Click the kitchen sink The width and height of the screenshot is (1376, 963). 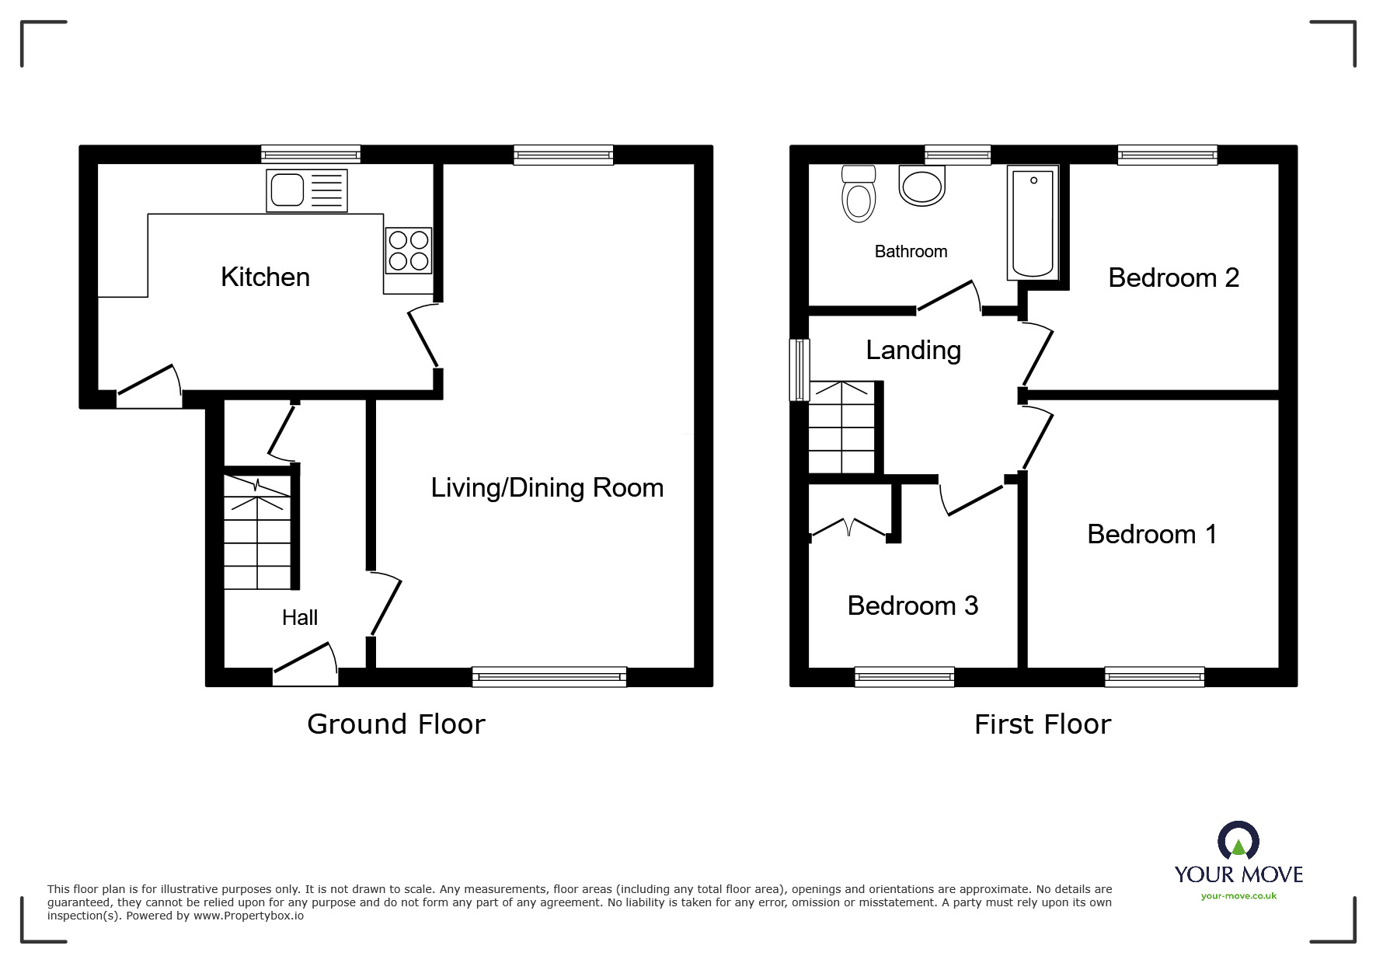point(306,190)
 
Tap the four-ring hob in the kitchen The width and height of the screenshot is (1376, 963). point(409,250)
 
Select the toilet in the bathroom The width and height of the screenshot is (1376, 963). point(859,194)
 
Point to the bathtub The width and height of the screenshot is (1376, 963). point(1033,222)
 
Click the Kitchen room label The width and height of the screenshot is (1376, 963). point(265,277)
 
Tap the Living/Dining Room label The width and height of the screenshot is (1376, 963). point(547,488)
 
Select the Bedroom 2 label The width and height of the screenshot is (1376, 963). point(1172,277)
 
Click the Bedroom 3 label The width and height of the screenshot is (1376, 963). point(912,605)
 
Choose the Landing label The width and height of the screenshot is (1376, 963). point(913,351)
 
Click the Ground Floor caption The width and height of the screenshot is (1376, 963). point(395,724)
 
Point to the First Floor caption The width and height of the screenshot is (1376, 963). point(1042,724)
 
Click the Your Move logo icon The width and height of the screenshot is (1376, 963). point(1238,841)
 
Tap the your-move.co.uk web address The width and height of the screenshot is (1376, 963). point(1238,896)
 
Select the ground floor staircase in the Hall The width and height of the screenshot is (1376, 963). point(257,532)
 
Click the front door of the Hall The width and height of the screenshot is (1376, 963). point(305,668)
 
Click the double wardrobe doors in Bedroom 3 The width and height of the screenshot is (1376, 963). point(849,529)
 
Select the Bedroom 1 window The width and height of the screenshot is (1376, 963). point(1154,677)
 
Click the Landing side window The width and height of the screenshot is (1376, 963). point(799,370)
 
